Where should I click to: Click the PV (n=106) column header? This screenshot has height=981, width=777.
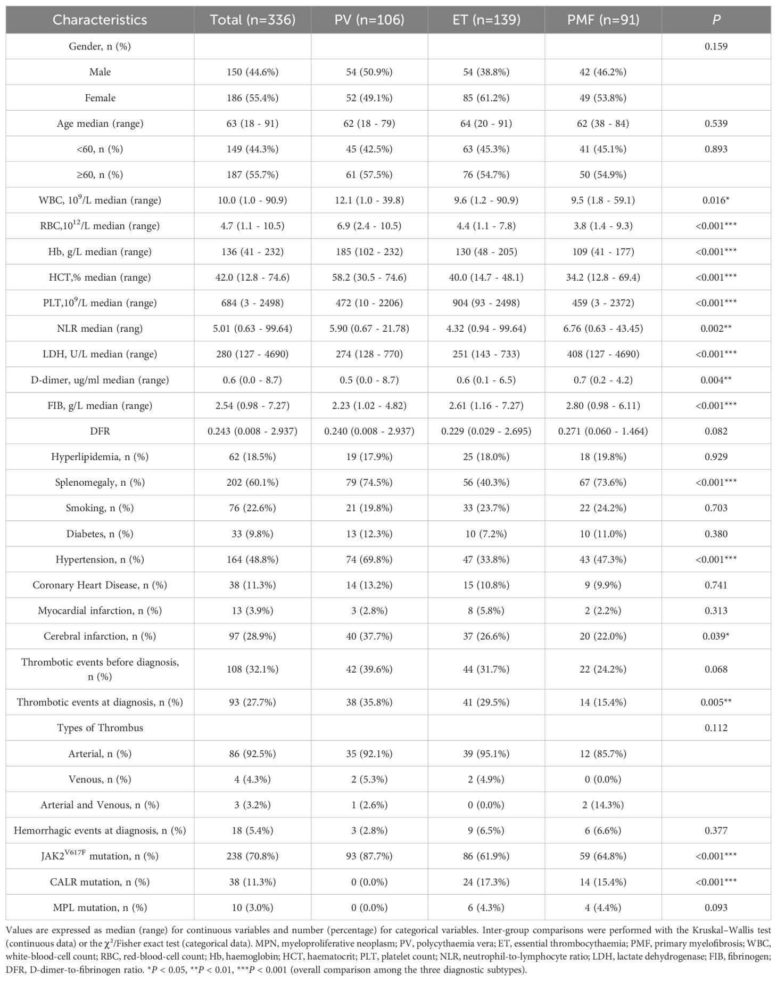pos(369,20)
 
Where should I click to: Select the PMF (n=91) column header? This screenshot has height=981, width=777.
pos(603,20)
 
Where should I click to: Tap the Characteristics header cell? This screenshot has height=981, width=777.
pos(100,20)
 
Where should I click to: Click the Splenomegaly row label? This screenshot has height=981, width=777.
pos(100,483)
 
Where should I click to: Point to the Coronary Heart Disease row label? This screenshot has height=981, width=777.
pos(100,585)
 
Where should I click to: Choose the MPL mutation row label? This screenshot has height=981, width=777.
pos(100,908)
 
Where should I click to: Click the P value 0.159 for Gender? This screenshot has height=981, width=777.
pos(716,46)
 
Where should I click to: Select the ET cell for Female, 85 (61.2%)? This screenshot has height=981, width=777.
pos(486,98)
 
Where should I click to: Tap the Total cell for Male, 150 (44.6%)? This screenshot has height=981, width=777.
pos(252,72)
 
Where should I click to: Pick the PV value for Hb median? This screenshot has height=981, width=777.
pos(369,251)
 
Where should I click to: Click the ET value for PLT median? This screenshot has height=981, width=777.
pos(486,303)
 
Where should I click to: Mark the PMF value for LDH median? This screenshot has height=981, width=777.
pos(603,354)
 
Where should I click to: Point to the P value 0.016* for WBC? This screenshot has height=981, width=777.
pos(716,200)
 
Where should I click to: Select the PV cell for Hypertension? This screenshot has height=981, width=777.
pos(369,559)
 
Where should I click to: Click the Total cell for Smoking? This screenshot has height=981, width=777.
pos(252,508)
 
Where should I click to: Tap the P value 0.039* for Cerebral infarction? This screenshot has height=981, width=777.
pos(716,636)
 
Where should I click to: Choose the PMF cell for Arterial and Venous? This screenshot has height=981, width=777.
pos(603,805)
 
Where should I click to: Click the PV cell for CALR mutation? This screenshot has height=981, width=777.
pos(369,882)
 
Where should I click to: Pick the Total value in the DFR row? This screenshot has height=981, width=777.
pos(252,431)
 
